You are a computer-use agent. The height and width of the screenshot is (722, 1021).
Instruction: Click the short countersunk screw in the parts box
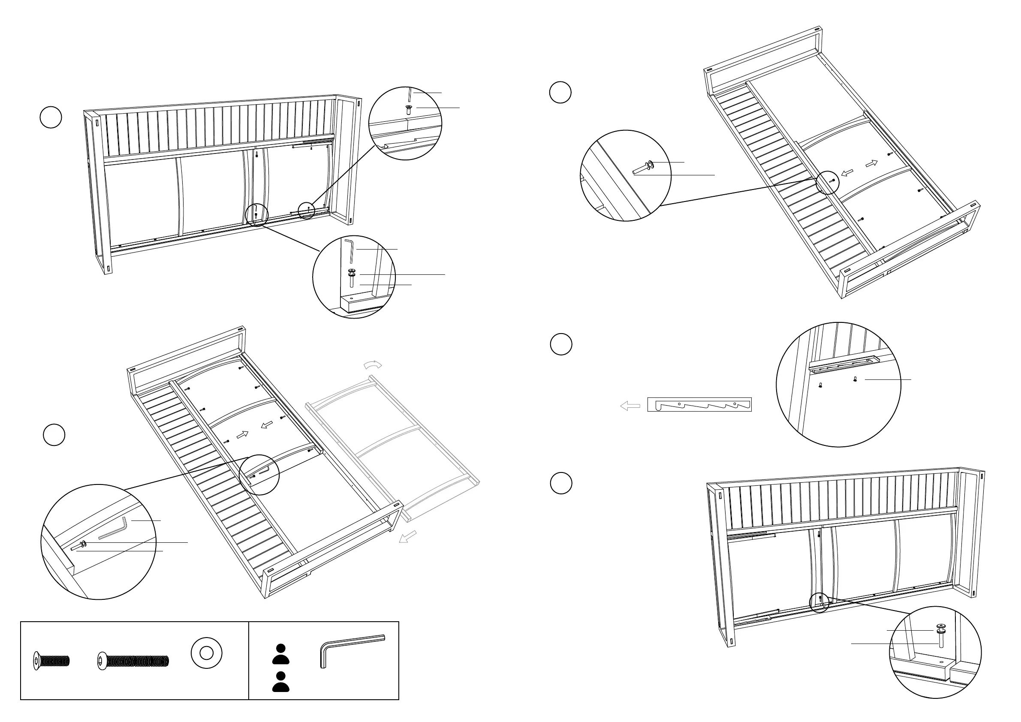coord(51,662)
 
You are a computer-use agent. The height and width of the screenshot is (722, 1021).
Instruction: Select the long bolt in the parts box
coord(133,662)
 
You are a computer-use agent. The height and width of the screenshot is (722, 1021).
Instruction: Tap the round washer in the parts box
coord(206,653)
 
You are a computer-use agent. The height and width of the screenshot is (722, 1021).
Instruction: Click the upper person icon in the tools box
coord(280,654)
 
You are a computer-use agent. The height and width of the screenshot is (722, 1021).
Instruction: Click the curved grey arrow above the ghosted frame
coord(373,364)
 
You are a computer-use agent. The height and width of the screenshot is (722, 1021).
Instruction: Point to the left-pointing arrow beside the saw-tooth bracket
coord(630,406)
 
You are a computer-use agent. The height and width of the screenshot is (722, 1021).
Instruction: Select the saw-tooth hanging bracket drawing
coord(699,405)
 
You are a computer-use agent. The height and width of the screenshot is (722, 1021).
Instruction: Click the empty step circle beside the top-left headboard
coord(51,117)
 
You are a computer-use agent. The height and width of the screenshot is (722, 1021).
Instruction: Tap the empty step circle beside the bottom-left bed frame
coord(54,435)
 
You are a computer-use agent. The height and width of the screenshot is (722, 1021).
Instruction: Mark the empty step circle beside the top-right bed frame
coord(560,93)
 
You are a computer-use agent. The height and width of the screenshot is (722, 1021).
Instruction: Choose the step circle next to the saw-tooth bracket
coord(561,345)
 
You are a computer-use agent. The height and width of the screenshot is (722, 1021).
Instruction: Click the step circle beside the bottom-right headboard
coord(561,483)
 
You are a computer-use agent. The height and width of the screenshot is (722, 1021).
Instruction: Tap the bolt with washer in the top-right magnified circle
coord(642,168)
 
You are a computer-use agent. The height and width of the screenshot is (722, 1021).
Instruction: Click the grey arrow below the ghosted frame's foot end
coord(407,537)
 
